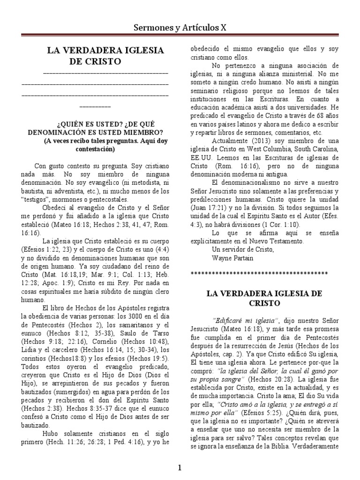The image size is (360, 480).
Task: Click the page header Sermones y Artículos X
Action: (180, 28)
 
